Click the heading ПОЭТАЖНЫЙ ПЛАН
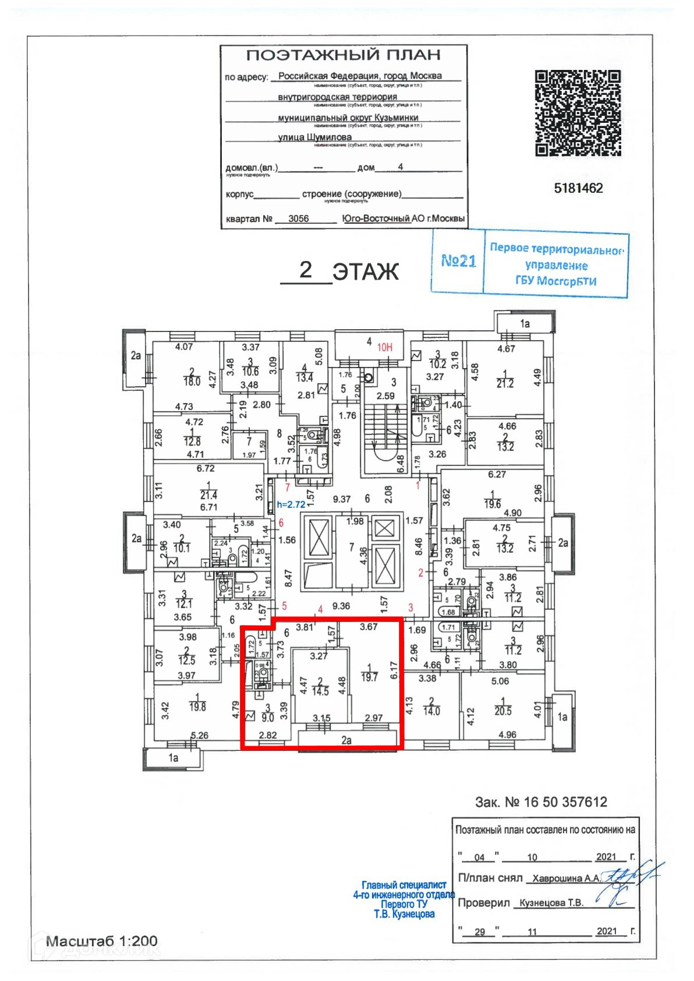pyautogui.click(x=343, y=55)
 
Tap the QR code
pyautogui.click(x=578, y=113)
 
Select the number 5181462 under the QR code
pyautogui.click(x=578, y=188)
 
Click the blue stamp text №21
pyautogui.click(x=458, y=260)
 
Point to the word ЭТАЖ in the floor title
pyautogui.click(x=366, y=271)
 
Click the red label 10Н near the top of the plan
pyautogui.click(x=384, y=347)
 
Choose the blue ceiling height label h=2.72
pyautogui.click(x=291, y=504)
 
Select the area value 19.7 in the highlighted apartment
pyautogui.click(x=369, y=677)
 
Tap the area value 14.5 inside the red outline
pyautogui.click(x=320, y=691)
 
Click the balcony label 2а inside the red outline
pyautogui.click(x=346, y=740)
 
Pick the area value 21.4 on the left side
pyautogui.click(x=208, y=495)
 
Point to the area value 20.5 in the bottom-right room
pyautogui.click(x=502, y=711)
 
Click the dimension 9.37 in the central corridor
pyautogui.click(x=342, y=499)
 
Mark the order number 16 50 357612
pyautogui.click(x=565, y=802)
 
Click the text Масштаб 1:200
pyautogui.click(x=102, y=941)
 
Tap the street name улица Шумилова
pyautogui.click(x=314, y=137)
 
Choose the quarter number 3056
pyautogui.click(x=298, y=218)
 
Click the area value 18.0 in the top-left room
pyautogui.click(x=192, y=382)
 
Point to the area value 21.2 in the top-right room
pyautogui.click(x=505, y=383)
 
